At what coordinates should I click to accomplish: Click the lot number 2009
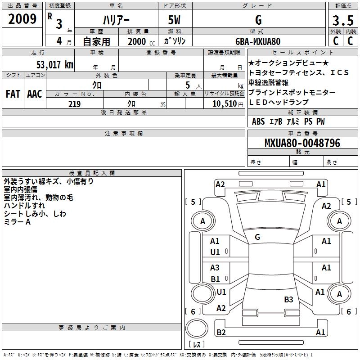22,19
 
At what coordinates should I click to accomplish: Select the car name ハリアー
115,20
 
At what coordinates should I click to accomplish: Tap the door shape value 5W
175,20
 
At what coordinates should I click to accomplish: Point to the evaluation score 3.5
342,21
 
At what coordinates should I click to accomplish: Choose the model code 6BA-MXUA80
258,41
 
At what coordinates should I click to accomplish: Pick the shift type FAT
13,94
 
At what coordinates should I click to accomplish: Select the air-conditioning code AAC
35,94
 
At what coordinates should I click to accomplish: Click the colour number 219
75,104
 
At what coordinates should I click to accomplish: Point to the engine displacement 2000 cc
139,41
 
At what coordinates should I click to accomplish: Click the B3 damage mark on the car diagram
288,299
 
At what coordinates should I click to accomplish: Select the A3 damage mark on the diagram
215,268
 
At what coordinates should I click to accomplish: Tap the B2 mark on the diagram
221,333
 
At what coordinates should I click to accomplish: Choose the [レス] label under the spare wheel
196,344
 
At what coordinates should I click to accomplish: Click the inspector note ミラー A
17,222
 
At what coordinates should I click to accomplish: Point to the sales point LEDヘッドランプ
279,102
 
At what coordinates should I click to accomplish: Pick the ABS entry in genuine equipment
258,121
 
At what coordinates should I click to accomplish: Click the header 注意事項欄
124,134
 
